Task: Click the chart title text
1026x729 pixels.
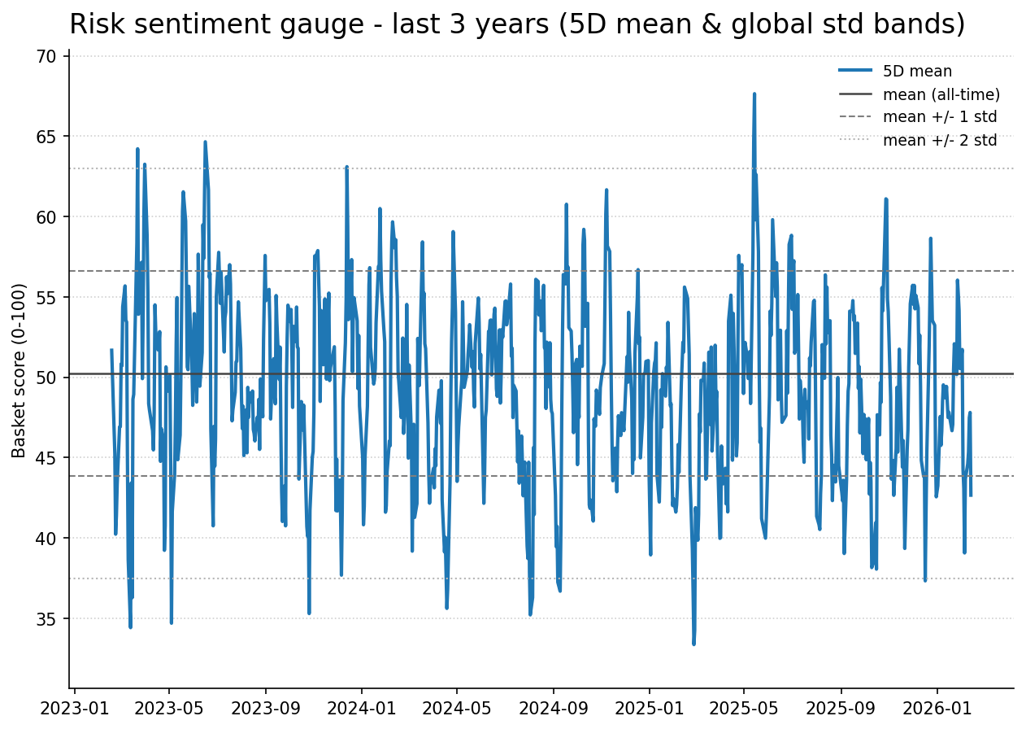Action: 517,24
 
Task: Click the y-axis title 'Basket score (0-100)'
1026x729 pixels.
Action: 20,370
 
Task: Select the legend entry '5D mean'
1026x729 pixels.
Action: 917,72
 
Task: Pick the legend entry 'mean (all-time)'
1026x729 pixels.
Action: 941,94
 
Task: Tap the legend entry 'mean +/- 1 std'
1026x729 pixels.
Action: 939,117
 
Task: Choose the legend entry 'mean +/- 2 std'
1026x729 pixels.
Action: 939,140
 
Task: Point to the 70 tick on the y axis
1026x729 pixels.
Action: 46,57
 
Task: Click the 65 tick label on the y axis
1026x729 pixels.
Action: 46,137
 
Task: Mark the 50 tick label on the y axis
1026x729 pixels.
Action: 46,378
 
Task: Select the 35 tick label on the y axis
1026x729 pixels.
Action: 46,619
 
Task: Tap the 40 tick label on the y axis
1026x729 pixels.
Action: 46,539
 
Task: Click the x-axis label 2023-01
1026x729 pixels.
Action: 74,709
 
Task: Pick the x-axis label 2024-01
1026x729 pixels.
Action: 361,709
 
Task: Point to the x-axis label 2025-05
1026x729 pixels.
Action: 744,709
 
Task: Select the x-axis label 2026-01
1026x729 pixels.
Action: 937,709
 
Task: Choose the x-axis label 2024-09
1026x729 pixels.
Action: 553,709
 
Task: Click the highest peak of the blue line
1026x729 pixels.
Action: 754,94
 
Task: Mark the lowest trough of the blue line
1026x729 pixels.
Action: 693,644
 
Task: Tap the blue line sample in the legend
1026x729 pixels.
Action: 855,72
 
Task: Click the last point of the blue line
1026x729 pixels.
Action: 971,495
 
